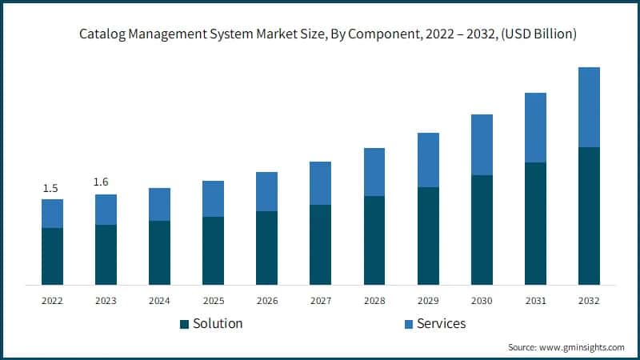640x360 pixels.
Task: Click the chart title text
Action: point(328,34)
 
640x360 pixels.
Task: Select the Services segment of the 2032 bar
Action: point(589,107)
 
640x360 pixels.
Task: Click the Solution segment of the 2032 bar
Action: point(589,216)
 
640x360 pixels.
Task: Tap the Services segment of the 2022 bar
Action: point(52,214)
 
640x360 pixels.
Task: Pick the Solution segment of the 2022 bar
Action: point(52,256)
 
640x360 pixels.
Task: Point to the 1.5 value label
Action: point(50,188)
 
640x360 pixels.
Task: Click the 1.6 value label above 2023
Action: point(101,182)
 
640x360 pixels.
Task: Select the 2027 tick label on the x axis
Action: point(320,301)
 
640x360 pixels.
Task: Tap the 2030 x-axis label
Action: point(482,301)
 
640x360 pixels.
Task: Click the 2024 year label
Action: point(159,301)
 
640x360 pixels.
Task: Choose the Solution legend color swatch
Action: point(184,324)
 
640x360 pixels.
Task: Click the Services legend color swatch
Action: point(408,324)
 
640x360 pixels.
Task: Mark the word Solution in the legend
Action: point(218,324)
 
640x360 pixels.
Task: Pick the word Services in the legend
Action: point(441,324)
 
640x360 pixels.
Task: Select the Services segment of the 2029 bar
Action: point(428,160)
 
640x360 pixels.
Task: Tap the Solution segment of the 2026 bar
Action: point(266,248)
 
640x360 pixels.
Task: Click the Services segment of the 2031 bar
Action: point(535,128)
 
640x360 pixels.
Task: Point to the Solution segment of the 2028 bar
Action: point(374,240)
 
